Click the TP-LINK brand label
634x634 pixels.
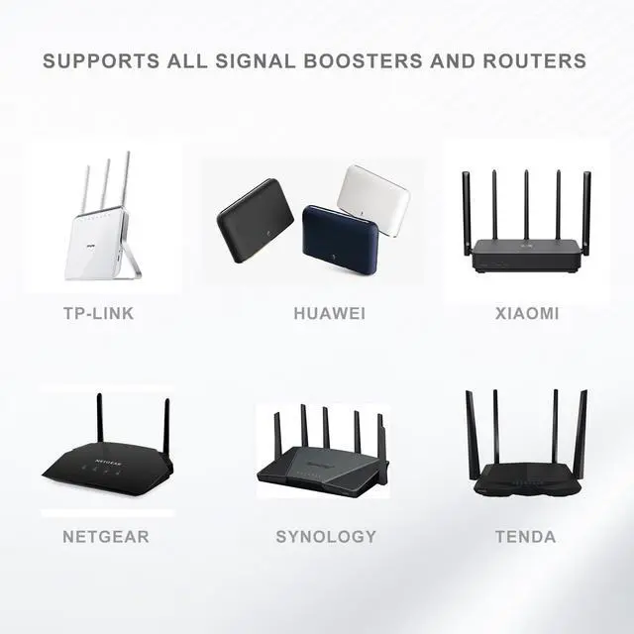[98, 314]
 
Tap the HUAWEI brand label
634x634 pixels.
[330, 314]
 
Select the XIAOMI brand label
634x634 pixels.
[527, 314]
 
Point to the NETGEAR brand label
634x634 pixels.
[106, 537]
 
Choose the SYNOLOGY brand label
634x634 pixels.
[326, 537]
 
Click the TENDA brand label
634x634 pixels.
[526, 537]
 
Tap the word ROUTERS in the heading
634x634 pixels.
[535, 61]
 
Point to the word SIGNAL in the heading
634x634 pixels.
[252, 61]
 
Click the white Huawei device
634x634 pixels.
[372, 198]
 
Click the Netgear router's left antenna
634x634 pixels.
[99, 416]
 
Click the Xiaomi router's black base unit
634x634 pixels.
[525, 255]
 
